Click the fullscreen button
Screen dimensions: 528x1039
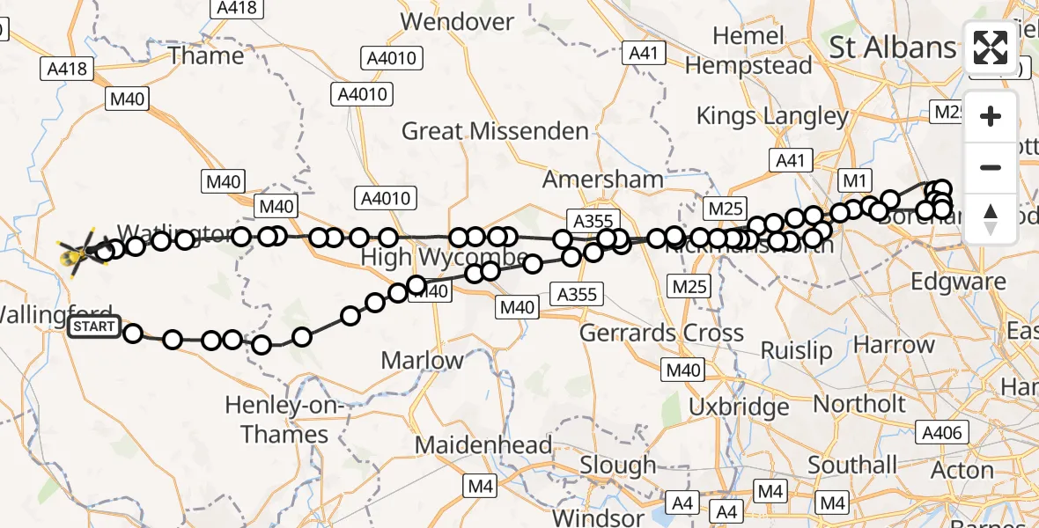(x=991, y=48)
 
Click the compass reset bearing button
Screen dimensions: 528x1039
(x=991, y=218)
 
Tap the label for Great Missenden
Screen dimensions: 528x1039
(x=495, y=132)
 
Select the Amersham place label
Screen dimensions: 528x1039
(x=603, y=180)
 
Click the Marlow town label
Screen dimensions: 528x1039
(x=422, y=360)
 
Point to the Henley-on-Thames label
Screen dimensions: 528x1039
(x=276, y=420)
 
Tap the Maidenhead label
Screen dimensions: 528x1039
(x=483, y=445)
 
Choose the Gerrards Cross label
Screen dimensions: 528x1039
(x=661, y=334)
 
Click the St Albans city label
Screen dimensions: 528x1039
(x=891, y=48)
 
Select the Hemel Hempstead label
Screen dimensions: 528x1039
(x=748, y=51)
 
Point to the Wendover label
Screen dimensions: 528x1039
(x=457, y=21)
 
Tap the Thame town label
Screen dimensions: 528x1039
(x=206, y=56)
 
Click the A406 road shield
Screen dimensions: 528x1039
(x=943, y=432)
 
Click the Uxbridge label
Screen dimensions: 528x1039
(x=739, y=407)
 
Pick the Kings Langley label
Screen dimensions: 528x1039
(x=772, y=116)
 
